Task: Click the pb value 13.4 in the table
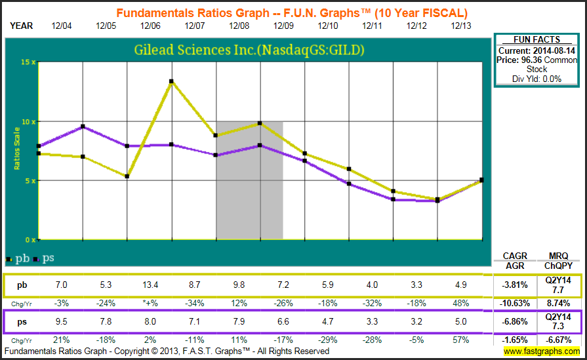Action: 151,286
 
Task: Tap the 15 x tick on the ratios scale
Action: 28,62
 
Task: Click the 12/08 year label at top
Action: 239,26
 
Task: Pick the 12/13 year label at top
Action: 462,26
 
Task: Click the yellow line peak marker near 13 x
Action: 171,81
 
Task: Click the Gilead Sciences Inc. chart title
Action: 249,50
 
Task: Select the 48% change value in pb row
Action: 462,302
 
